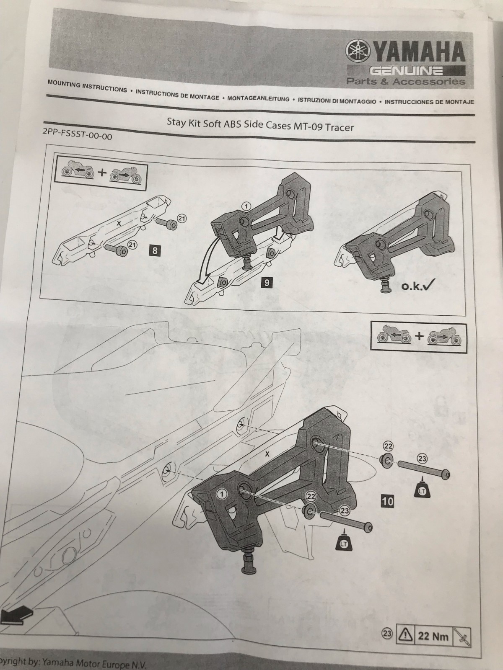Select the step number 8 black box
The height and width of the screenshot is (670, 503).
[155, 250]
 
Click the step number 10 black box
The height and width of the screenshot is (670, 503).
[388, 501]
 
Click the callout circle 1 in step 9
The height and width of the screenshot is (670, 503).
[246, 207]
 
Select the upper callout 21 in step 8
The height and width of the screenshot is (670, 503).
[182, 219]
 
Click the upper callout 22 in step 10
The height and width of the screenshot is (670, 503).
[388, 446]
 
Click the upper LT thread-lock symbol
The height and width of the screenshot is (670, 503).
[423, 491]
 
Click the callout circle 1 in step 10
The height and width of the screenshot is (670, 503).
[222, 494]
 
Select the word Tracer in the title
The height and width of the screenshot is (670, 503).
[339, 127]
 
